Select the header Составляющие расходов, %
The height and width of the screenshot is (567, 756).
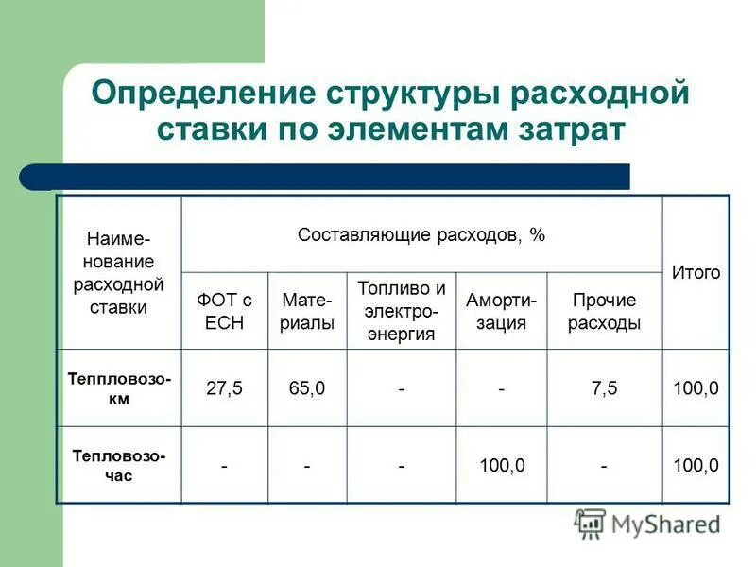(x=421, y=234)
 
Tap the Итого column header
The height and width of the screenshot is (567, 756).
(x=696, y=272)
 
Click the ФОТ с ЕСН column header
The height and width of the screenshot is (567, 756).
(x=225, y=311)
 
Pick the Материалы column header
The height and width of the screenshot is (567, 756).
(x=307, y=311)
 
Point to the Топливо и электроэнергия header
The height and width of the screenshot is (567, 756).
(x=402, y=311)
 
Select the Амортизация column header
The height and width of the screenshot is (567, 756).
(x=501, y=311)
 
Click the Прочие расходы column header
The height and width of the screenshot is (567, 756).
(x=604, y=311)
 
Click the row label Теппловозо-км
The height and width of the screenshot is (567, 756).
(x=119, y=387)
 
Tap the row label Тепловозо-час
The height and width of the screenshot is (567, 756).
(x=119, y=465)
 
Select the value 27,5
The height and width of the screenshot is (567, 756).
(x=225, y=388)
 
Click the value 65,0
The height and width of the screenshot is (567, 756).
(x=307, y=388)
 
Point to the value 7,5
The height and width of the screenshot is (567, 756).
(x=604, y=388)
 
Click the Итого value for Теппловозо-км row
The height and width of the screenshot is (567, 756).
(x=696, y=388)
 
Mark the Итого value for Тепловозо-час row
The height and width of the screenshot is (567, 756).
(x=696, y=465)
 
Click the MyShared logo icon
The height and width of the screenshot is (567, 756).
(x=590, y=523)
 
